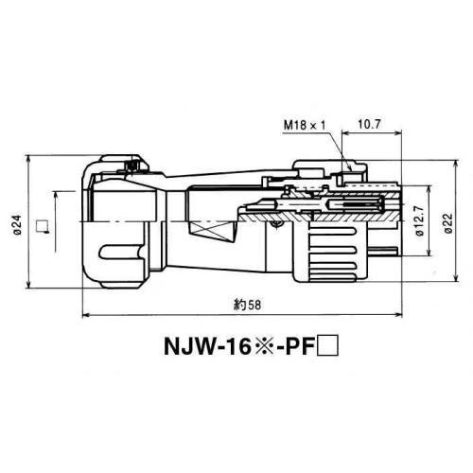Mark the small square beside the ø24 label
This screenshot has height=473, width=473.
point(41,225)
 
